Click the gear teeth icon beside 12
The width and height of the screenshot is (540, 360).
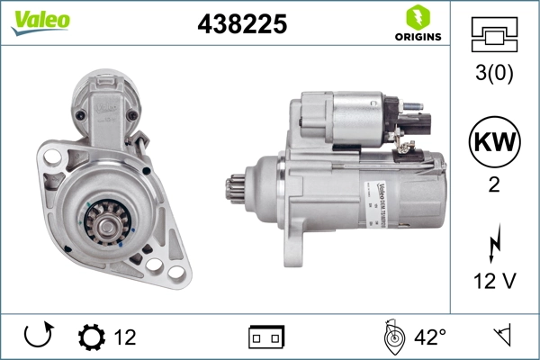click(x=91, y=337)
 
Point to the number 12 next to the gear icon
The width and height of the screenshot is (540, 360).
click(x=125, y=337)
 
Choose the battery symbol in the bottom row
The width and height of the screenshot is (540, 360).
click(x=266, y=337)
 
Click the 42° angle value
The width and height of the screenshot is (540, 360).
click(x=429, y=337)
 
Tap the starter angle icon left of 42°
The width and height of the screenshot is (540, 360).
click(x=392, y=337)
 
